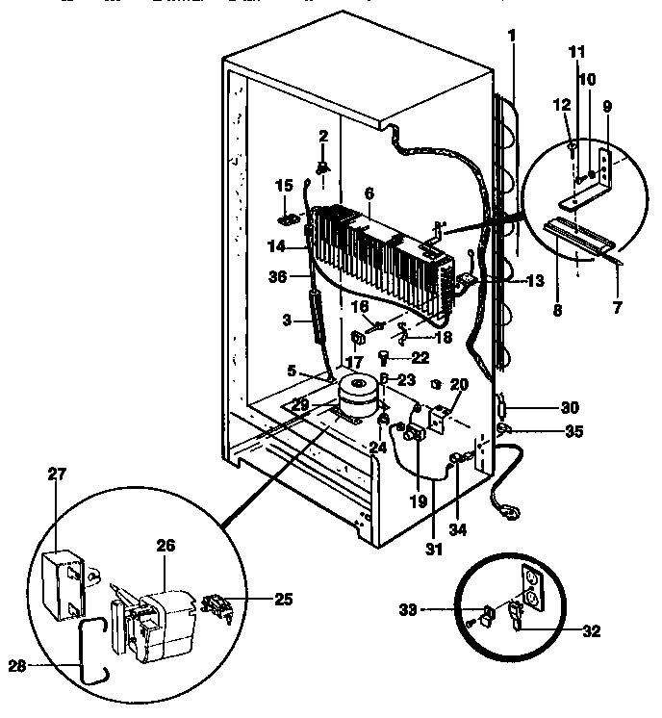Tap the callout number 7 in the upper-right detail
618,308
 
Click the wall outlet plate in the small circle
529,588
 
